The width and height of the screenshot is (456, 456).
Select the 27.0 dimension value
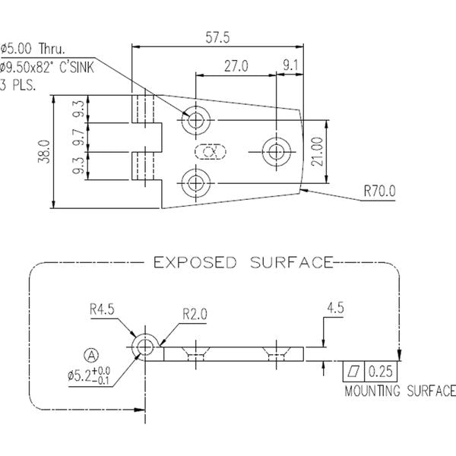236,66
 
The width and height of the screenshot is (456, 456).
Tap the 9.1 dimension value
290,66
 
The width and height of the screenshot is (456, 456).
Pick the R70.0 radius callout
378,191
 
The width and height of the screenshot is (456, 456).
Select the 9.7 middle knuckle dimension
78,138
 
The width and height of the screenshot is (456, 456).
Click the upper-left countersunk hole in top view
197,119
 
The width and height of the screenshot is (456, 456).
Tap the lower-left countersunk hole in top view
197,182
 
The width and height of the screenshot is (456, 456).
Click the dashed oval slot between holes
212,151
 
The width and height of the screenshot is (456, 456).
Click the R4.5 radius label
102,309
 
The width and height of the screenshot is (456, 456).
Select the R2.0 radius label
195,314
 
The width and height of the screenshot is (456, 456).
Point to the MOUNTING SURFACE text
400,392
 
